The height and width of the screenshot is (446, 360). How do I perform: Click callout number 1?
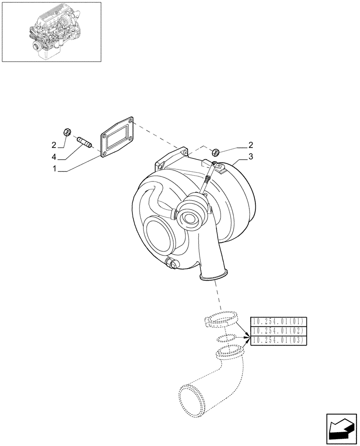54,169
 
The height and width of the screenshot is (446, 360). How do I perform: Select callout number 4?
54,157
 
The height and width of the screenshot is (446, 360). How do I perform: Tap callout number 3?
251,157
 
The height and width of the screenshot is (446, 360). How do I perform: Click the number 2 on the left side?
54,145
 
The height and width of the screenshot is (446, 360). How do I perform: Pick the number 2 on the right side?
251,145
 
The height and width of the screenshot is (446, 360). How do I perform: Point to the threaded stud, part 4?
84,142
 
